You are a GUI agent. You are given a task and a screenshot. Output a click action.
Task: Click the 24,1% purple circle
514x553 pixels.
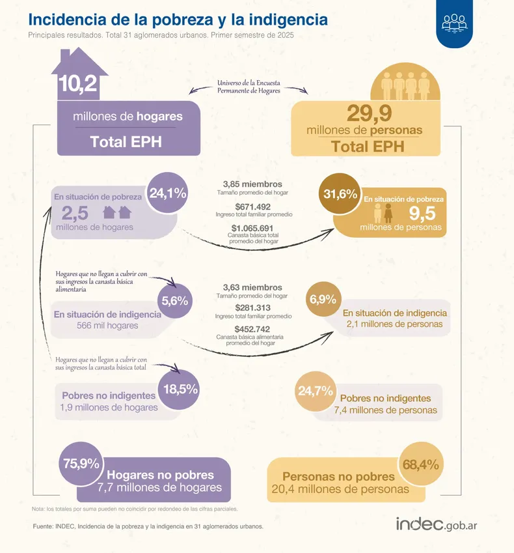pos(168,193)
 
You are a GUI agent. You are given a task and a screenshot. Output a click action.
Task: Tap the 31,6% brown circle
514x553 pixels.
pos(340,194)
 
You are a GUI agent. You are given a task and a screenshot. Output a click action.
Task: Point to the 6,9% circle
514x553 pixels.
pos(323,300)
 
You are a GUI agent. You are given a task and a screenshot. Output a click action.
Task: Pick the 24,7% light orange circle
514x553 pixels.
pos(316,391)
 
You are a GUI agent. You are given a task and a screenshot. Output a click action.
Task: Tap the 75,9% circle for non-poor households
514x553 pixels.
pos(81,464)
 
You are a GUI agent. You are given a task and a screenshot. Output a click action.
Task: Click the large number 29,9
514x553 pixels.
pos(368,114)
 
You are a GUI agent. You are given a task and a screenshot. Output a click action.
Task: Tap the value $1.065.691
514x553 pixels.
pos(252,227)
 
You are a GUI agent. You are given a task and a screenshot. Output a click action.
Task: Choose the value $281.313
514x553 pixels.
pos(252,308)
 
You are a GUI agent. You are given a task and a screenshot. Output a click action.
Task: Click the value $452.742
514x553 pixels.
pos(252,329)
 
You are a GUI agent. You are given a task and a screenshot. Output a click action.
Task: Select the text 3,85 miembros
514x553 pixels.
pos(252,184)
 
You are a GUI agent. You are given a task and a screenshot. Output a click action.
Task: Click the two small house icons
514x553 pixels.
pos(117,212)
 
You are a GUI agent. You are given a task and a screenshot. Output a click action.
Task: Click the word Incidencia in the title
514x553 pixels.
pos(66,20)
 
